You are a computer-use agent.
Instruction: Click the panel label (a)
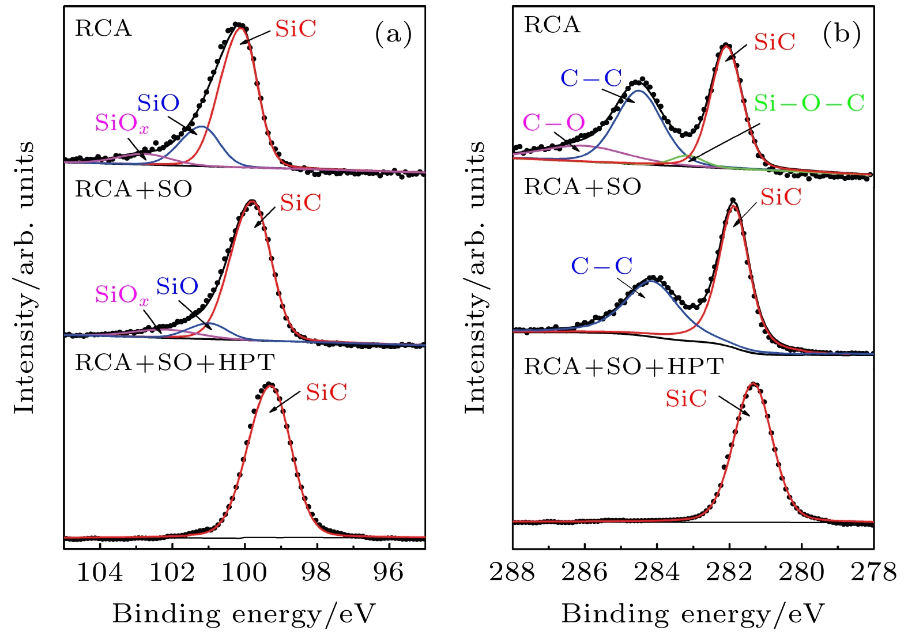click(394, 35)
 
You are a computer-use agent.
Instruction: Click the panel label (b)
click(842, 35)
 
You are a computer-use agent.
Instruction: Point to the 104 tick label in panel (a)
click(100, 572)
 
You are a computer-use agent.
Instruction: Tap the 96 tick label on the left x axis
click(389, 572)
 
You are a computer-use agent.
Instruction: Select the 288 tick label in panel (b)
click(513, 572)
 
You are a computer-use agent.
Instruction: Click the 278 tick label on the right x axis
click(874, 572)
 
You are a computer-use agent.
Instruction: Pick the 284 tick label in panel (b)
click(657, 572)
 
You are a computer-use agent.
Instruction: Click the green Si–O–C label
click(809, 103)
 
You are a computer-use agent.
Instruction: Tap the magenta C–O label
click(553, 123)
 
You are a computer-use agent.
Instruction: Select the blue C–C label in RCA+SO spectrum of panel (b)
click(602, 266)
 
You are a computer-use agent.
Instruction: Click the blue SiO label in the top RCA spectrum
click(158, 103)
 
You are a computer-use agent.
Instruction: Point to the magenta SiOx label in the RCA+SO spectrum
click(122, 295)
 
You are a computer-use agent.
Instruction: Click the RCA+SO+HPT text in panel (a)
click(175, 362)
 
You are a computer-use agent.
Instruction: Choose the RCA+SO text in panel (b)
click(582, 187)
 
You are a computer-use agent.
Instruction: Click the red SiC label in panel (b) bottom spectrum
click(686, 399)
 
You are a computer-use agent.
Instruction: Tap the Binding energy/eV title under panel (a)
click(243, 614)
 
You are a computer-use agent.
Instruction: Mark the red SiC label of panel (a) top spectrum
click(296, 29)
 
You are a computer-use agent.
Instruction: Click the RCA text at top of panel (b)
click(552, 25)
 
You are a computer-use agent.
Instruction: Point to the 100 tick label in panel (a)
click(244, 572)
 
